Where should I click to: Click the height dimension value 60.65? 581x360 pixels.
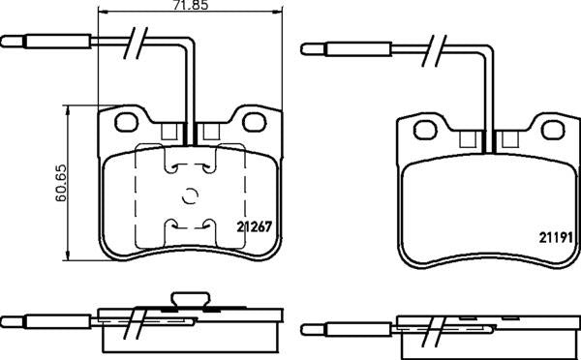tap(60, 183)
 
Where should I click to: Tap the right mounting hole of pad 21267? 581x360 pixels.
tap(254, 123)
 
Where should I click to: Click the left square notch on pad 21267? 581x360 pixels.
tap(170, 134)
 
